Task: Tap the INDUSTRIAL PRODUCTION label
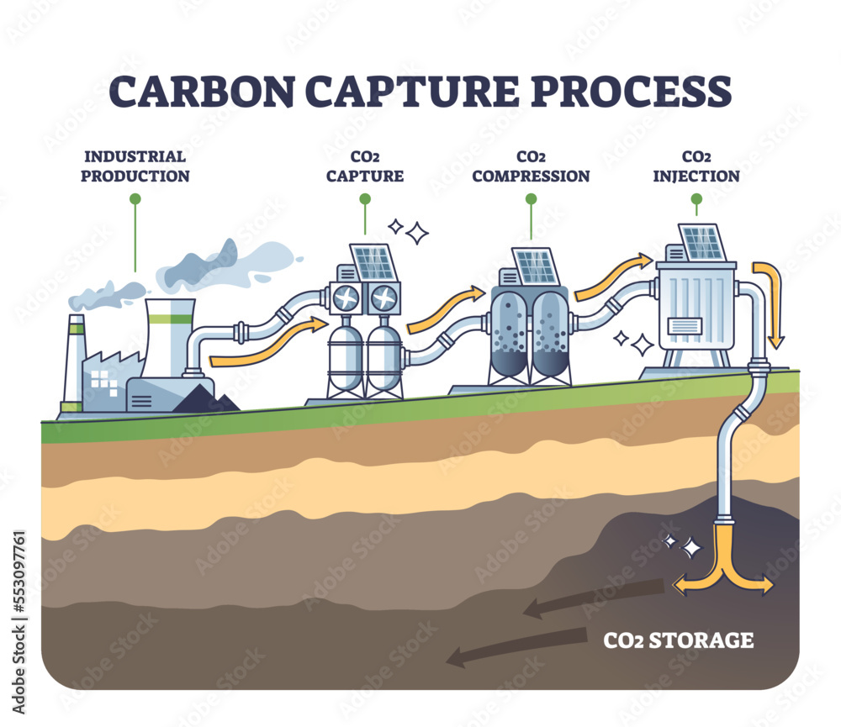click(x=135, y=166)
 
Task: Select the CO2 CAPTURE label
click(x=365, y=166)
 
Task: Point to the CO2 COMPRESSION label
click(x=531, y=166)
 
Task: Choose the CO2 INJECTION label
click(x=696, y=166)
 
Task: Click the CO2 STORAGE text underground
click(x=679, y=640)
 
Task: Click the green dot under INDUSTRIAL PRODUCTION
click(x=135, y=199)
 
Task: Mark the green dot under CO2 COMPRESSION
click(x=531, y=199)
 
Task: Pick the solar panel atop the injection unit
click(x=701, y=243)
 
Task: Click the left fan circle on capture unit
click(x=346, y=298)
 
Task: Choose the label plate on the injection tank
click(x=682, y=327)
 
